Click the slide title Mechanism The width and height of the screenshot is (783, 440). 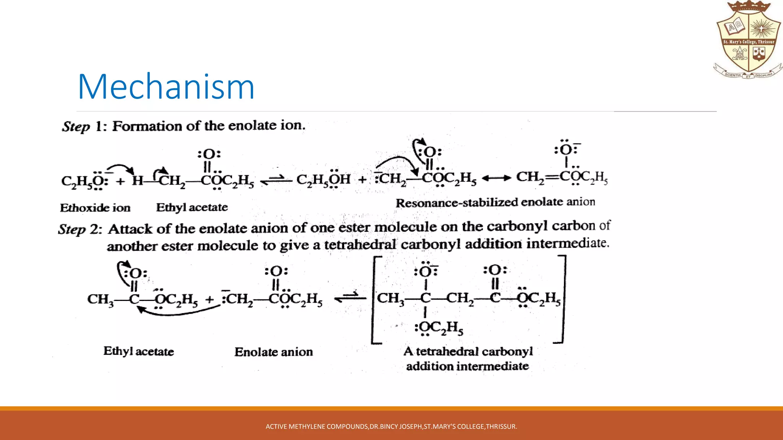pos(166,87)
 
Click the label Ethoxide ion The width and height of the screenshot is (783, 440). pos(95,208)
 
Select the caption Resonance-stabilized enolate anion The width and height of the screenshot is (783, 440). pos(495,202)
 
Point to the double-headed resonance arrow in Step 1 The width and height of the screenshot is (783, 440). pos(496,178)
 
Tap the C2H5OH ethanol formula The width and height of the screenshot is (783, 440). pos(323,179)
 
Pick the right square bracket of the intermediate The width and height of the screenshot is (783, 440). pos(562,299)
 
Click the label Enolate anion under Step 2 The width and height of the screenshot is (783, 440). pos(273,352)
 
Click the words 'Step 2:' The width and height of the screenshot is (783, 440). pos(80,229)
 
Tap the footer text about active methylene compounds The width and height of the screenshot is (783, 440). pos(391,426)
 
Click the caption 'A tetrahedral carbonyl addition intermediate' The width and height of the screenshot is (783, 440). pos(468,359)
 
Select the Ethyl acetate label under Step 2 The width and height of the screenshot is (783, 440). pos(138,351)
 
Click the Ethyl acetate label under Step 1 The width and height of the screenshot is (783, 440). pos(192,207)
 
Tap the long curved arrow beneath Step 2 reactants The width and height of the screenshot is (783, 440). pos(178,311)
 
